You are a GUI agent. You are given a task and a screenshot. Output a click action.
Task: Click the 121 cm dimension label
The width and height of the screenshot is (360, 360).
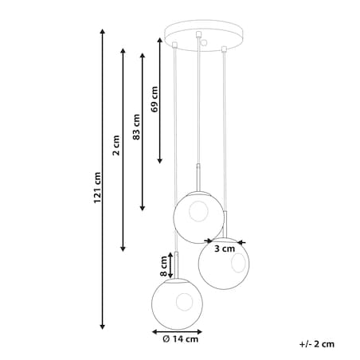tap(97, 188)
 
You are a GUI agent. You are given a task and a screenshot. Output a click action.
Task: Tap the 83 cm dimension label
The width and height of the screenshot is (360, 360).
tap(136, 127)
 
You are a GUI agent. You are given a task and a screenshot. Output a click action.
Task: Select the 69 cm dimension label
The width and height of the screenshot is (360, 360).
tap(155, 99)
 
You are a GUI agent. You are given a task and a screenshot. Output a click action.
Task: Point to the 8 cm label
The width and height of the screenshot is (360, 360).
tap(164, 266)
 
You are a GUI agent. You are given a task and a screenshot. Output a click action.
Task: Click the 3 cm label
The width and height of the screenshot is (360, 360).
tap(225, 248)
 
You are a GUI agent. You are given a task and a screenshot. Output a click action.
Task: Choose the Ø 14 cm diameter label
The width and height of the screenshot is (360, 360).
tap(180, 339)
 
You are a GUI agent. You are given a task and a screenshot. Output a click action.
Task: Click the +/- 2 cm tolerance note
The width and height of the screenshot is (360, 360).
tap(317, 344)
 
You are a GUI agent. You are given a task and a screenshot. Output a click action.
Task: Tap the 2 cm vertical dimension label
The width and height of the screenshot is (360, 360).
tap(116, 145)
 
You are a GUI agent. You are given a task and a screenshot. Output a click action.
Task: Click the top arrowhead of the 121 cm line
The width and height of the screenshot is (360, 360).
tap(102, 31)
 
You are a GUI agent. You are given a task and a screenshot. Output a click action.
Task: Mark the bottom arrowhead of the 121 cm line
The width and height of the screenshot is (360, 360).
tap(102, 327)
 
